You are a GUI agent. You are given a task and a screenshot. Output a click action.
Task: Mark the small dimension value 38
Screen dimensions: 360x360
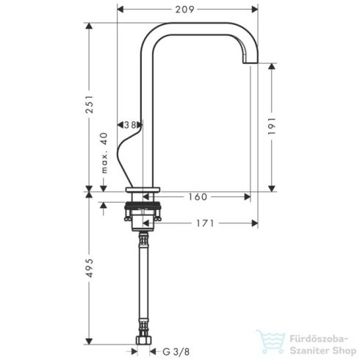tap(131, 126)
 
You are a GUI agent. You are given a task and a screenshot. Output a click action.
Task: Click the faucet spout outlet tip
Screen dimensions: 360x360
tap(250, 65)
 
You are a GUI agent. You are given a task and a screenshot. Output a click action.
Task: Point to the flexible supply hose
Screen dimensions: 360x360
tap(143, 287)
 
